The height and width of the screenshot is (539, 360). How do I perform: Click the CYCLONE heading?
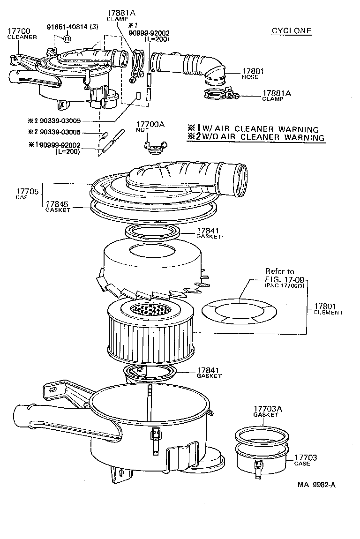click(292, 31)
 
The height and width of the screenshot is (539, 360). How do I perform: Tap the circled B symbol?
click(67, 39)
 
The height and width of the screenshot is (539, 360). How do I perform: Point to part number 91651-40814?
click(72, 27)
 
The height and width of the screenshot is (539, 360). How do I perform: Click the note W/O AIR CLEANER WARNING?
click(256, 137)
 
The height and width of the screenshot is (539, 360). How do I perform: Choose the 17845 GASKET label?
click(58, 207)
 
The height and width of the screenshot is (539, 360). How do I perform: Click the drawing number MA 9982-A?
click(315, 485)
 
